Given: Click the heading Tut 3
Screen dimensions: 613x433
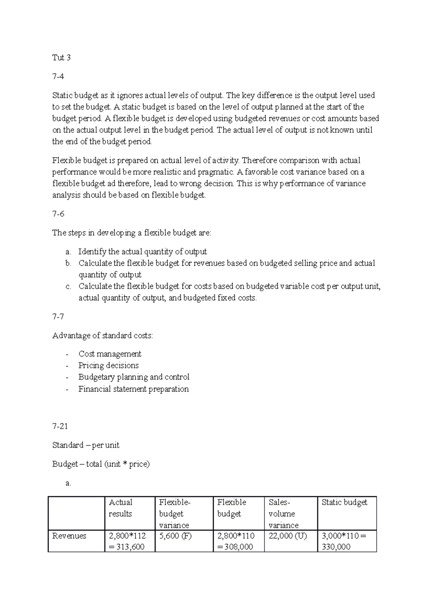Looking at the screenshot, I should point(61,58).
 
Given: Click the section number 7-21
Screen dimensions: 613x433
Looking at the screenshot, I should point(60,426).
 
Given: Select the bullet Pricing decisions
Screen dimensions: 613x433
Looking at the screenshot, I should point(108,365).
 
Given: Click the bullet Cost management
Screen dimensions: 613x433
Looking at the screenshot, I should point(110,354).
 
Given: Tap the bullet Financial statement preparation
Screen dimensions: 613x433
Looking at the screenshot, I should point(134,389).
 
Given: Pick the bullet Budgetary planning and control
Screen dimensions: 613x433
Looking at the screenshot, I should point(134,377).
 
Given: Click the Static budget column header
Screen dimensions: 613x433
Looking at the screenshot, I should point(344,502).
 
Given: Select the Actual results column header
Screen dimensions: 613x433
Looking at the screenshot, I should point(121,508).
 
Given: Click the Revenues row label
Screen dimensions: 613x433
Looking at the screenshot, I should point(69,536).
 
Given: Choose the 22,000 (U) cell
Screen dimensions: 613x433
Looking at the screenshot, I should point(288,536).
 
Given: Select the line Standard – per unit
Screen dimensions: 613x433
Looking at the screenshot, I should point(86,445).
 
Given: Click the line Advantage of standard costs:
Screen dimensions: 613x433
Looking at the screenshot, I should point(102,336).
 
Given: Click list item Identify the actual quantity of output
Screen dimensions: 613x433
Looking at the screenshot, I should point(143,252).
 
